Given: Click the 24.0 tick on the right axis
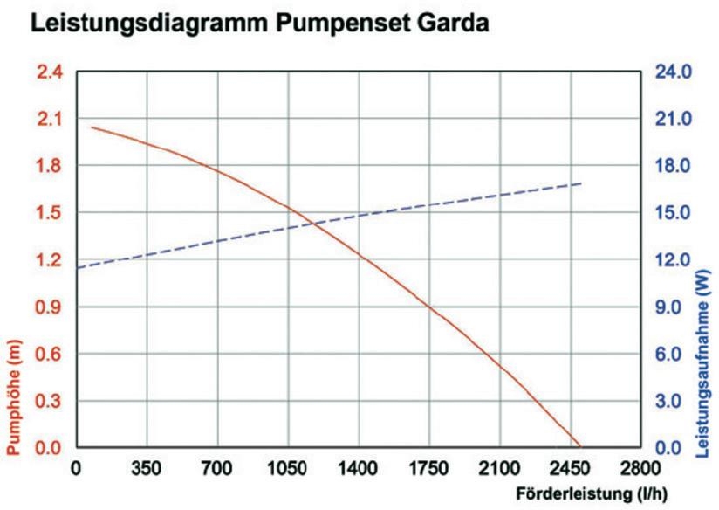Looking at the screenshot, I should coord(673,72).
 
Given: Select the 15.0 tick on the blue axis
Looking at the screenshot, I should coord(673,213).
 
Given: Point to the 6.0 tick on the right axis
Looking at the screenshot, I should coord(673,355).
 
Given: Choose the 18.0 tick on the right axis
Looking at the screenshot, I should coord(673,166).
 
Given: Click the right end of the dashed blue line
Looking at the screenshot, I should coord(581,183).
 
